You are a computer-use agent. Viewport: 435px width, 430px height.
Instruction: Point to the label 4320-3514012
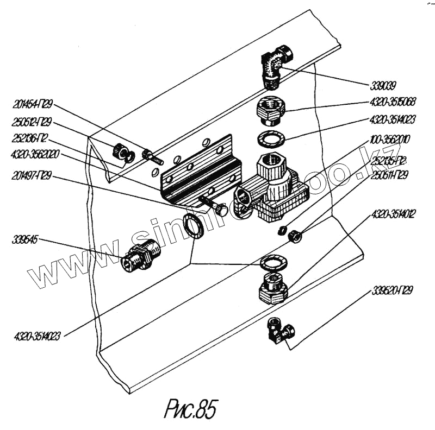click(394, 214)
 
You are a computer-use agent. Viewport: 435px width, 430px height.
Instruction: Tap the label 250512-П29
click(32, 121)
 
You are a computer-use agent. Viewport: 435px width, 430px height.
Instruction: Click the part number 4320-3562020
click(35, 155)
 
